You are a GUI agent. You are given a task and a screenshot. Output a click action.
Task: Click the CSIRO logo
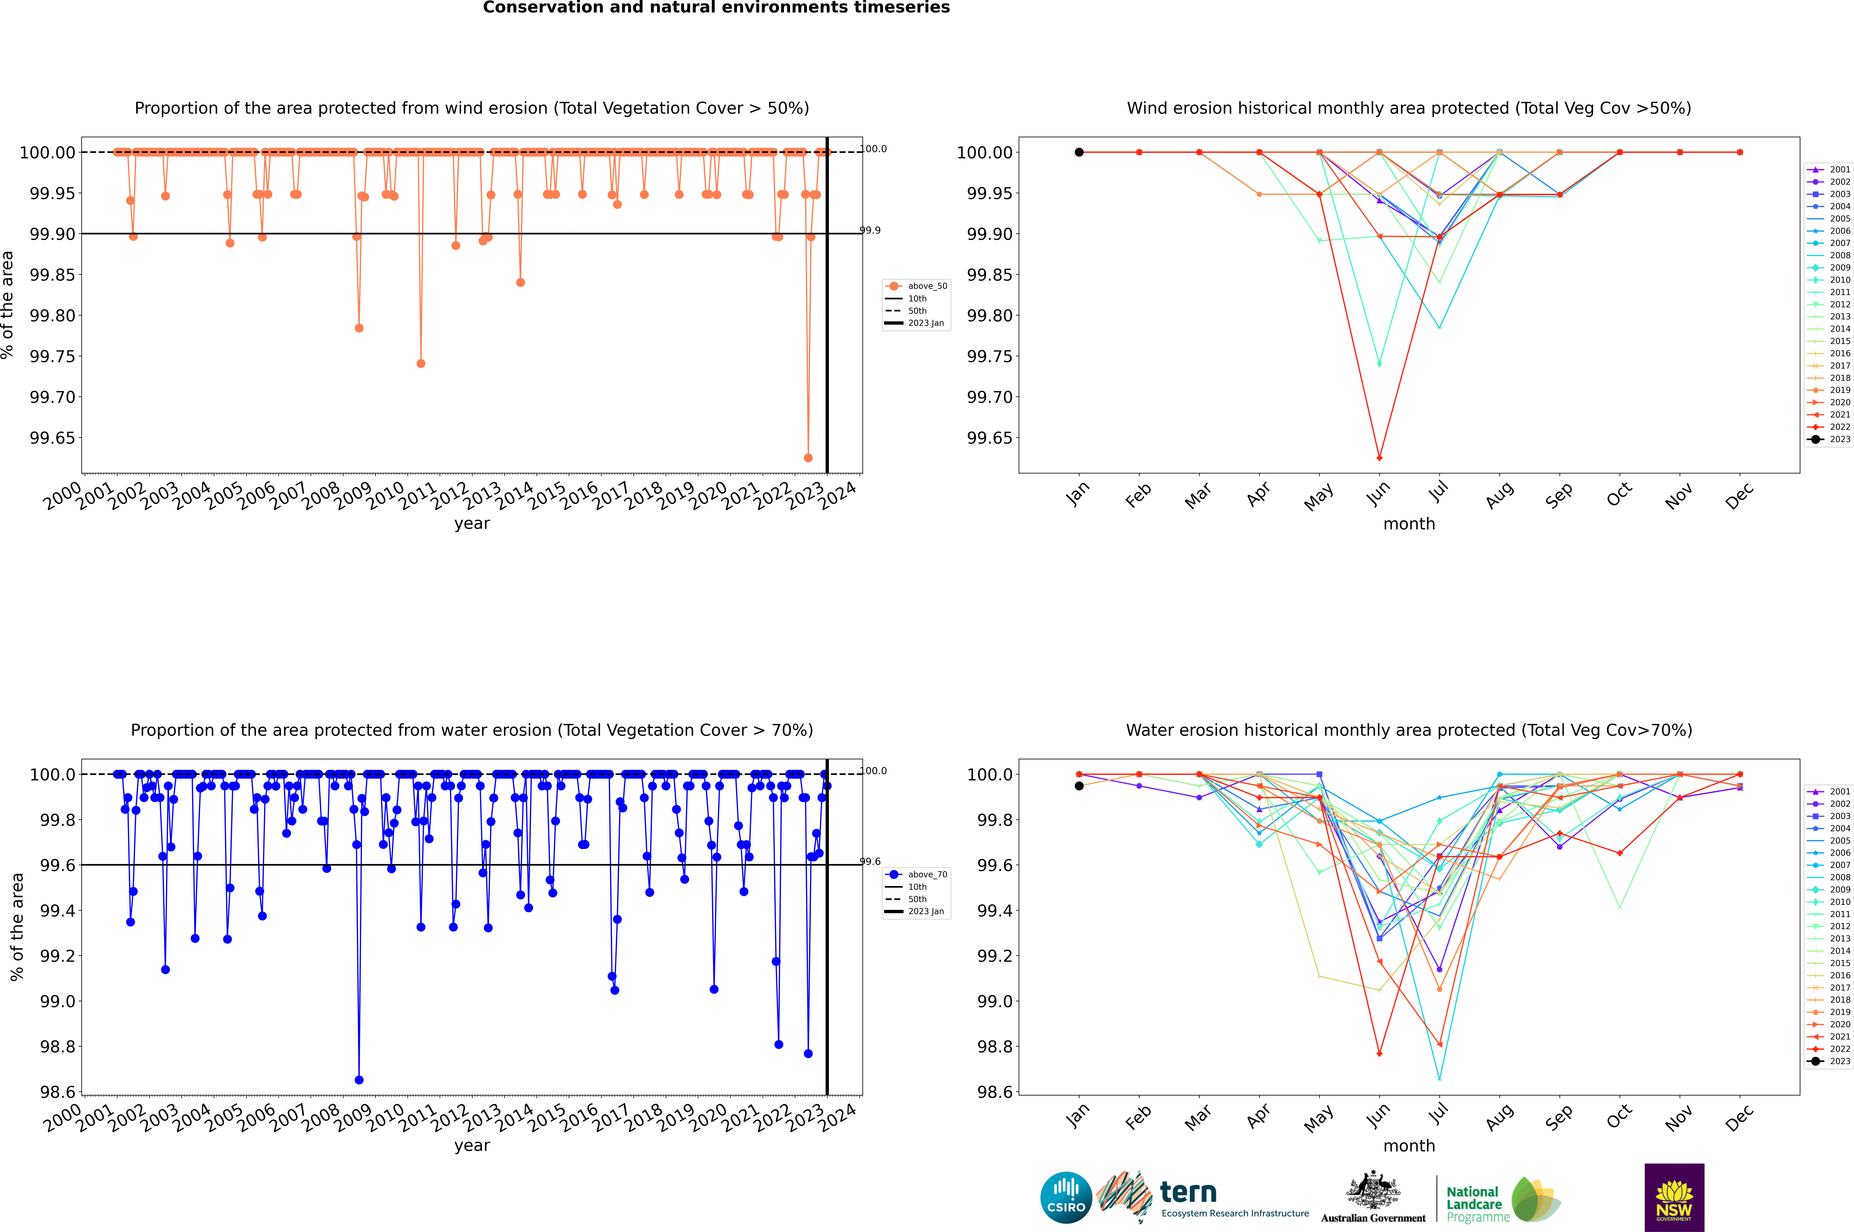pyautogui.click(x=1066, y=1197)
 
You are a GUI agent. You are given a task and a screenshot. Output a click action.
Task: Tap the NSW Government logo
pyautogui.click(x=1674, y=1197)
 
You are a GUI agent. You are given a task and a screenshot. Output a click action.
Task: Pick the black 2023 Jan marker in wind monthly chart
pyautogui.click(x=1079, y=152)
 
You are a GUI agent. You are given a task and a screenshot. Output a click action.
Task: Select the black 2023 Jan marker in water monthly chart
pyautogui.click(x=1079, y=786)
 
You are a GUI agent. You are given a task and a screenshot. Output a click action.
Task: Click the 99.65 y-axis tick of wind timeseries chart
pyautogui.click(x=53, y=438)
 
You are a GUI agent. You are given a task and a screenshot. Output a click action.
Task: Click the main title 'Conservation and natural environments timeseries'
pyautogui.click(x=716, y=8)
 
